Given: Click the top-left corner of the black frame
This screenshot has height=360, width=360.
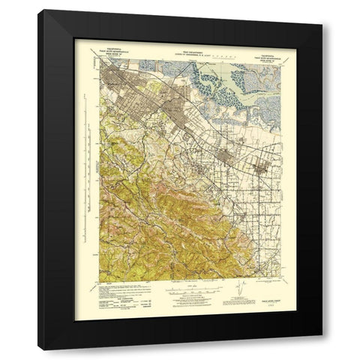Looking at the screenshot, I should (39, 10).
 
